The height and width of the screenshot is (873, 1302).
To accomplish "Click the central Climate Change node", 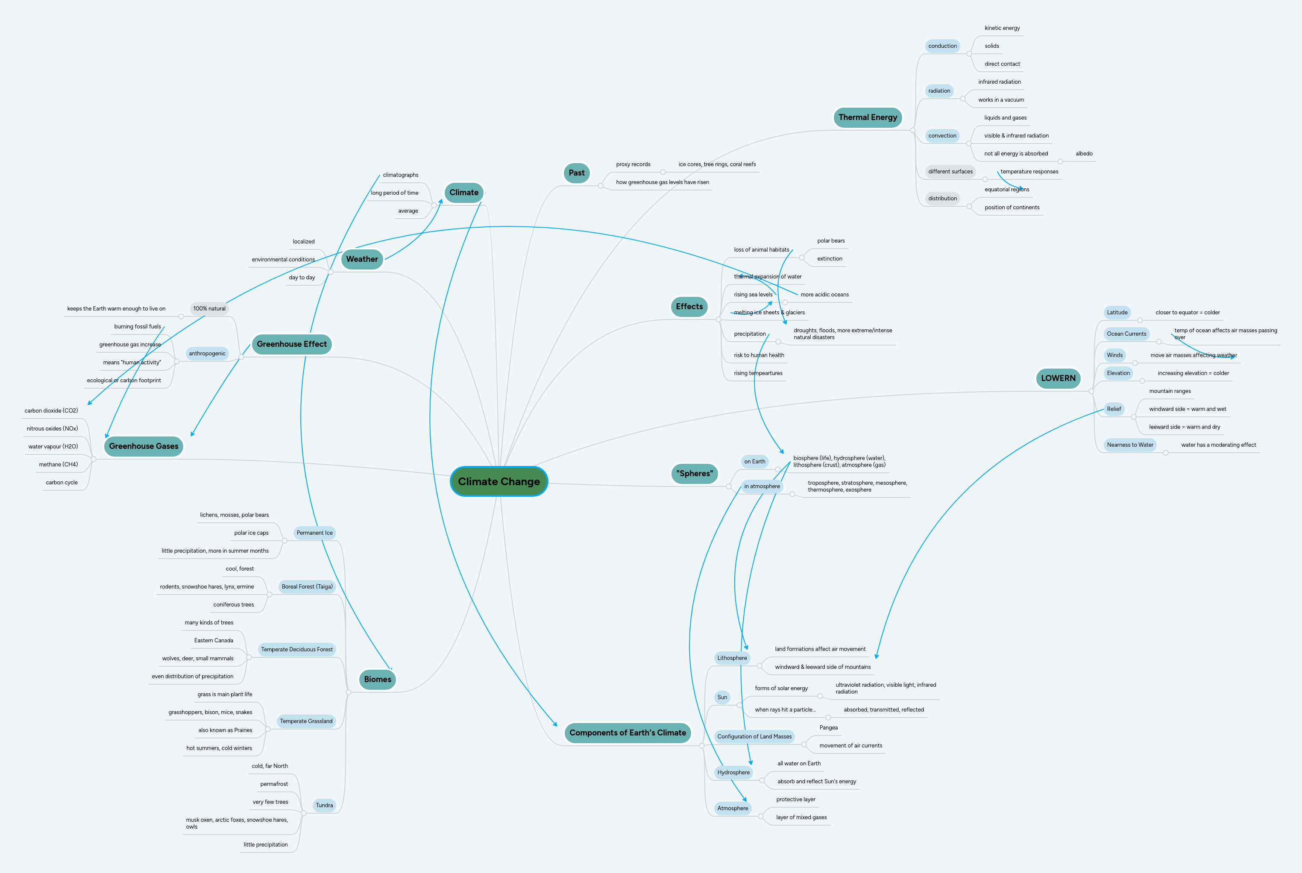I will [x=499, y=482].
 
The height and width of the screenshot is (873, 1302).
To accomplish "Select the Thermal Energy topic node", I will [x=867, y=117].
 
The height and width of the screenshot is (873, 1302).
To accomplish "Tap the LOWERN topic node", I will [x=1058, y=378].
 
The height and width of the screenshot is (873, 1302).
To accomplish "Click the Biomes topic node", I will [x=377, y=679].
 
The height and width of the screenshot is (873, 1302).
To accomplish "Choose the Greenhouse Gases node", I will [x=144, y=446].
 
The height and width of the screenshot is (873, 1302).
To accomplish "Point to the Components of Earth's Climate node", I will [x=627, y=733].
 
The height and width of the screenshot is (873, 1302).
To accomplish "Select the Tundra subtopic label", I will [x=324, y=805].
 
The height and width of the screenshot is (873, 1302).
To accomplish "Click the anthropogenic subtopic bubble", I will [x=207, y=354].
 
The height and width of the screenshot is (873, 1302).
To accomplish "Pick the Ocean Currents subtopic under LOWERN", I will [x=1126, y=334].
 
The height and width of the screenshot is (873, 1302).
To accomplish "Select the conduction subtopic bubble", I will [x=942, y=46].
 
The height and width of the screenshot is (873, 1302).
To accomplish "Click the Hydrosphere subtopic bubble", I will [x=733, y=772].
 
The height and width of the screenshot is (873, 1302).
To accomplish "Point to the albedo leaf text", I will [x=1083, y=154].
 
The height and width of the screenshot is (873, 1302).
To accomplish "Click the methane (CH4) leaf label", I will [x=58, y=464].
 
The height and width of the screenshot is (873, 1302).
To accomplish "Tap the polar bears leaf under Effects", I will [x=830, y=241].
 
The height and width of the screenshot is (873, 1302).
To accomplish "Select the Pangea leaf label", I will [x=828, y=728].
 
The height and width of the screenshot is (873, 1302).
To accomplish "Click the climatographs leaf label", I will [x=400, y=175].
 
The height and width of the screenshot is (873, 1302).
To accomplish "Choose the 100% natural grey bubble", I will [x=209, y=308].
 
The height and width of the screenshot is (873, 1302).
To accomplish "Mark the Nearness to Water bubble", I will [x=1129, y=445].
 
